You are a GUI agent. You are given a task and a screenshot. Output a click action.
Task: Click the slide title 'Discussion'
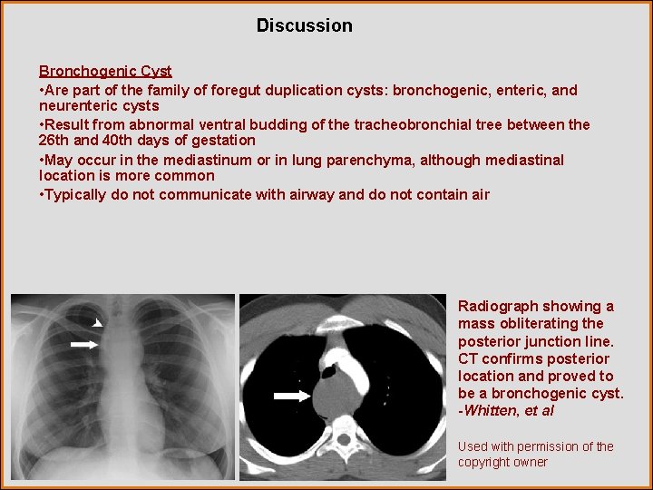[x=304, y=25]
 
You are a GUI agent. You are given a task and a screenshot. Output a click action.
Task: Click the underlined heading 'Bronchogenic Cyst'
[x=105, y=71]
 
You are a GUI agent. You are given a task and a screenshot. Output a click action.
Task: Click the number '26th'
[x=54, y=141]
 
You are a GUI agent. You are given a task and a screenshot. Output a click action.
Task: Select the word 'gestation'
[x=222, y=141]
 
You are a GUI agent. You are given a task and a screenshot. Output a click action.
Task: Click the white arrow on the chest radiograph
[x=84, y=344]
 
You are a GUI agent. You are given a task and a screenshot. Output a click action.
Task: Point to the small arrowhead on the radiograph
[x=98, y=322]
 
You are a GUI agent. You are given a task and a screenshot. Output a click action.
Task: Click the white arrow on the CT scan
[x=291, y=395]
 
